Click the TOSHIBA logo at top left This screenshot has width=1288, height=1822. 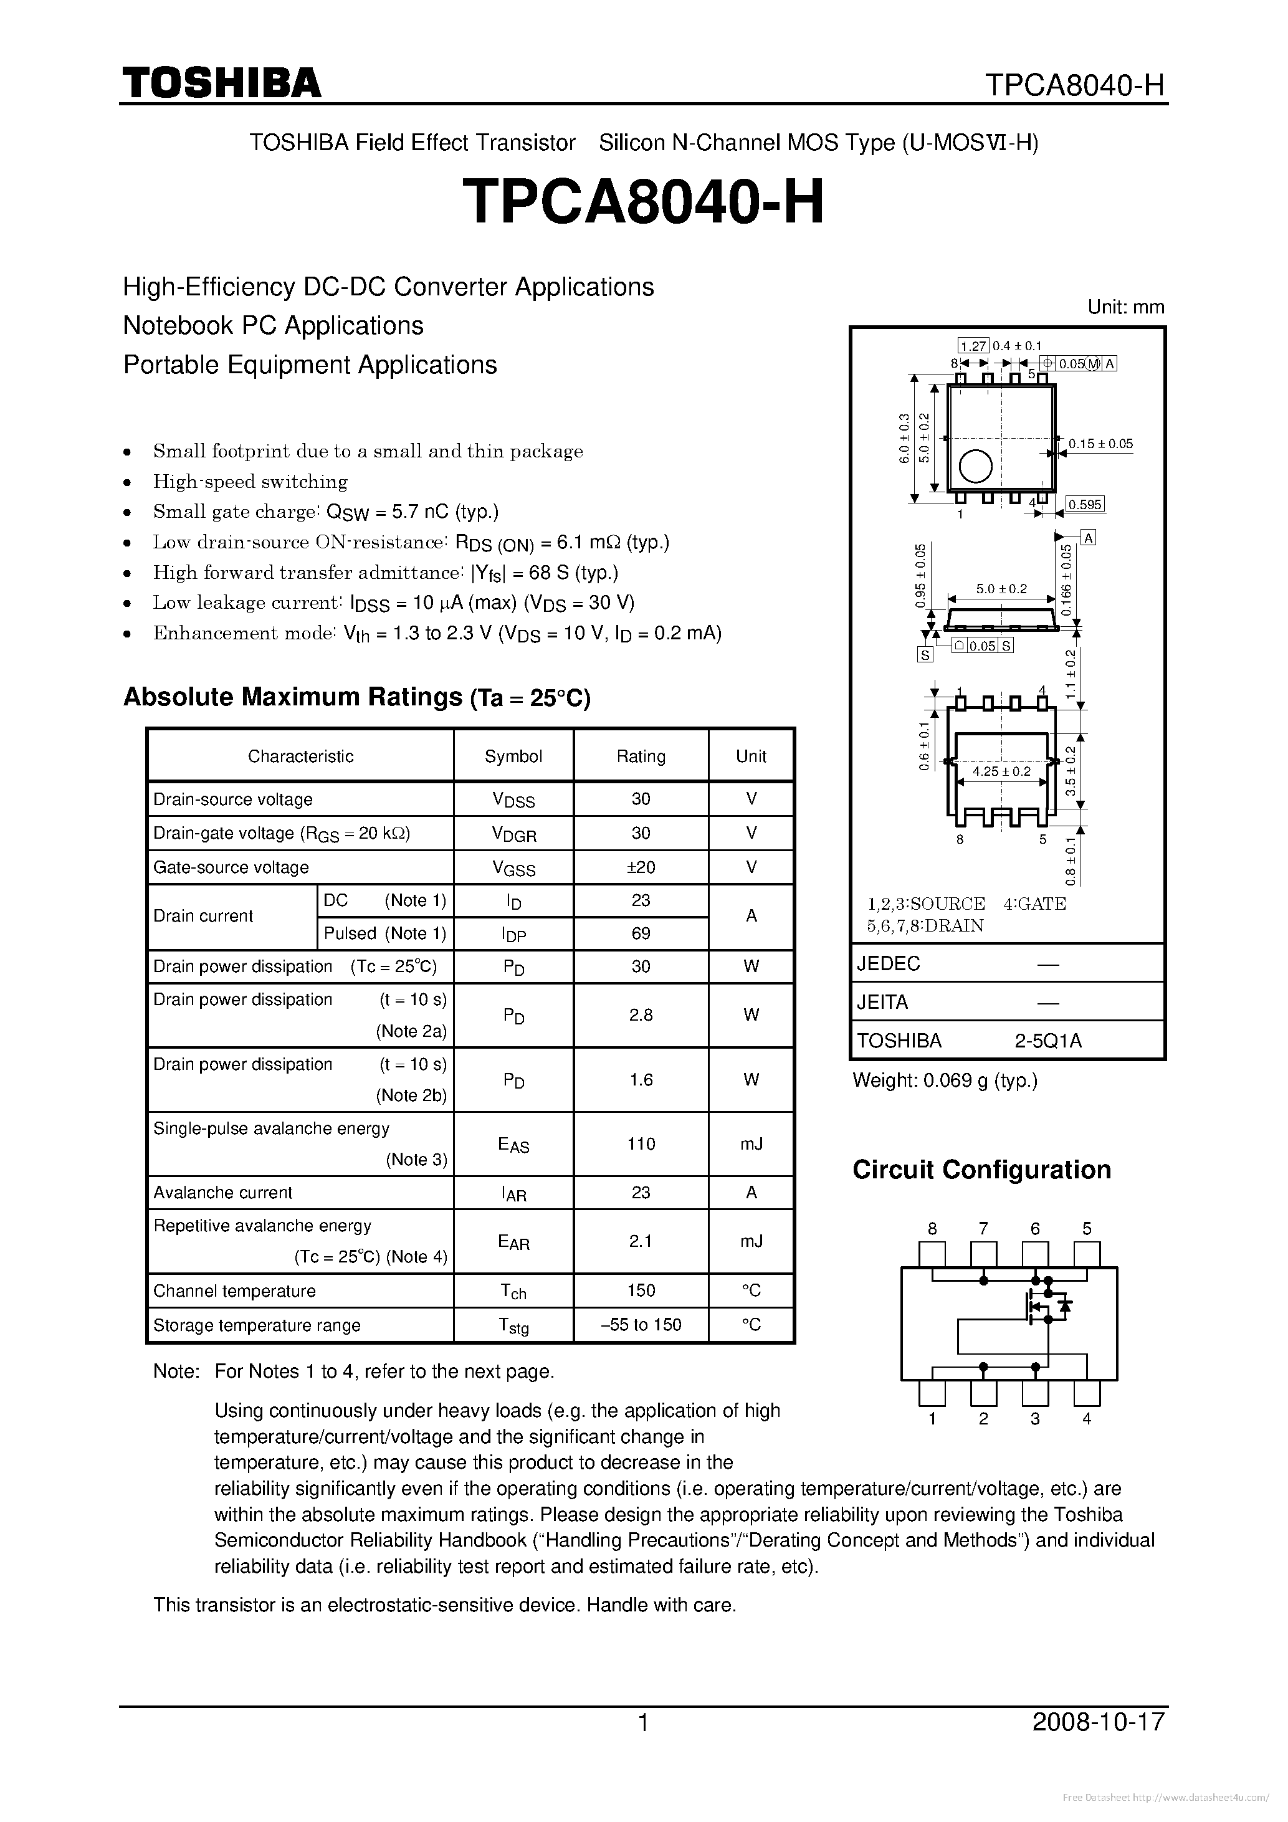(221, 82)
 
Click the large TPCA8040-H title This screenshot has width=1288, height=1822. (643, 201)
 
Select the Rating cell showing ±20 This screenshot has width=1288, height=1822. (641, 867)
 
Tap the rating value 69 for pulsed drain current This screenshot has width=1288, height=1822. (641, 933)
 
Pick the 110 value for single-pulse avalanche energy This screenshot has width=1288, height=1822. (641, 1143)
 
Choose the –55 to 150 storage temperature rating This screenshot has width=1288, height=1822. (641, 1325)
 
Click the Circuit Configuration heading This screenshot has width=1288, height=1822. (981, 1170)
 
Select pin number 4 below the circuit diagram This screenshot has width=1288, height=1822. (1087, 1419)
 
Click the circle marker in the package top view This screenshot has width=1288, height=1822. (975, 467)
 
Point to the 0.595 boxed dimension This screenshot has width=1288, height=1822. (1085, 505)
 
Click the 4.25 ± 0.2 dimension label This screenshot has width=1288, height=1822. (1001, 771)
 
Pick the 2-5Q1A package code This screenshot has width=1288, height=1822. (1047, 1041)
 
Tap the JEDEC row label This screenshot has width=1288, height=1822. (888, 963)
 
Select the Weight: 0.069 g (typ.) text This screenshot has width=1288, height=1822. (945, 1080)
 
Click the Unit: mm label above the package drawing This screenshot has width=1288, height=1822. (1125, 307)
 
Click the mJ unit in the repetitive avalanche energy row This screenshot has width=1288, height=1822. (751, 1241)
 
